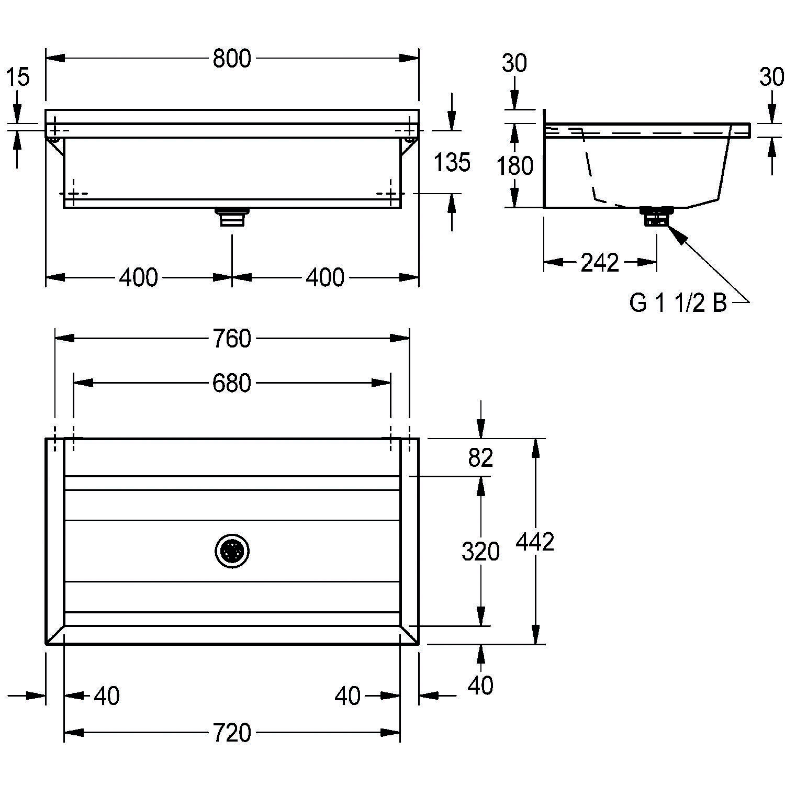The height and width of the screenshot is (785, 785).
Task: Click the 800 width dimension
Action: (232, 59)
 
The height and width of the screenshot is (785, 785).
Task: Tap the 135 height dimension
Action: (452, 162)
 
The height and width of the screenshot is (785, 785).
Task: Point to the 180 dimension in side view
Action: (515, 166)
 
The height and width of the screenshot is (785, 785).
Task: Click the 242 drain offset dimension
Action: (600, 262)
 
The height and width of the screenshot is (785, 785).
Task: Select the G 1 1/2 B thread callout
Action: (678, 303)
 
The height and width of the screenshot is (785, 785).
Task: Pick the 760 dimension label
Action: (232, 339)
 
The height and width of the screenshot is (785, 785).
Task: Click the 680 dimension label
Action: (232, 384)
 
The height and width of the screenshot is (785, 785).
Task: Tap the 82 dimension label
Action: (480, 458)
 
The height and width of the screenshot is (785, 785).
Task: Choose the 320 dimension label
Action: (480, 552)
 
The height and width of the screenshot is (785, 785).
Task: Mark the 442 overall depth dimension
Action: (535, 542)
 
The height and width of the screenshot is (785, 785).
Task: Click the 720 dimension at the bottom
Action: (232, 733)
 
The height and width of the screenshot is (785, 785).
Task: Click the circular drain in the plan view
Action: (232, 551)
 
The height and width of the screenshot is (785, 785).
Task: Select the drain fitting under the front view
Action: (232, 217)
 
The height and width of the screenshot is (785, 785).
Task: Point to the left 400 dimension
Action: (138, 277)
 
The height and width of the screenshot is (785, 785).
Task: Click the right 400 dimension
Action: (325, 277)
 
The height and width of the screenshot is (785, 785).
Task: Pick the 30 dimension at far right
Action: (771, 77)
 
